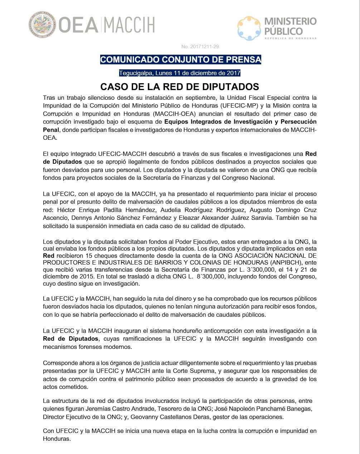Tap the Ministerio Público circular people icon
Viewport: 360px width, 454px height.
[249, 28]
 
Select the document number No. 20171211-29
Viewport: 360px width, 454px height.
[200, 46]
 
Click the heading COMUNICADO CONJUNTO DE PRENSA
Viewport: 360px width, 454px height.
[180, 59]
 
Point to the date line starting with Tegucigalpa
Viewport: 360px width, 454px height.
[180, 73]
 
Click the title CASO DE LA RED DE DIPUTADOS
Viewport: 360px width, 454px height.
[180, 87]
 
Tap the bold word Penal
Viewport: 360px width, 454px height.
[51, 130]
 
